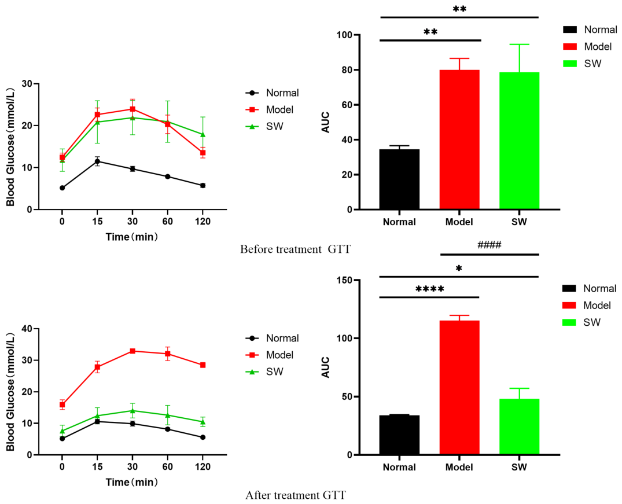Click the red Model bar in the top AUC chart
pyautogui.click(x=459, y=139)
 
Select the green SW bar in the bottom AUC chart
pyautogui.click(x=519, y=426)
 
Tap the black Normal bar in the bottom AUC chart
pyautogui.click(x=399, y=435)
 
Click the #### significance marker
pyautogui.click(x=489, y=245)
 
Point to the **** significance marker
pyautogui.click(x=429, y=289)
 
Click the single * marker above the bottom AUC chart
pyautogui.click(x=459, y=268)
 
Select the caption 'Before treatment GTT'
pyautogui.click(x=296, y=249)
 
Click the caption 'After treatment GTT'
pyautogui.click(x=296, y=495)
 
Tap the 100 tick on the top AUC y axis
pyautogui.click(x=344, y=35)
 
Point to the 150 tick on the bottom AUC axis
pyautogui.click(x=344, y=280)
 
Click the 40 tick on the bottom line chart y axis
pyautogui.click(x=28, y=329)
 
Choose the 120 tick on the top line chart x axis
pyautogui.click(x=203, y=222)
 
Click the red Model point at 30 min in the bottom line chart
pyautogui.click(x=133, y=351)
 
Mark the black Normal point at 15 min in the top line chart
pyautogui.click(x=97, y=161)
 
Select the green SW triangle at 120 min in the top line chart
pyautogui.click(x=203, y=134)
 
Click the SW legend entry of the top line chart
pyautogui.click(x=264, y=127)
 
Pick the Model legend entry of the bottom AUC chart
pyautogui.click(x=587, y=305)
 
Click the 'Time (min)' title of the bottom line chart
pyautogui.click(x=132, y=482)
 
